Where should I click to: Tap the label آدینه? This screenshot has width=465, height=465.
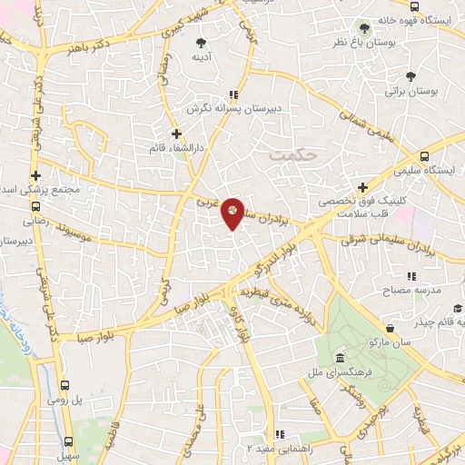(x=202, y=56)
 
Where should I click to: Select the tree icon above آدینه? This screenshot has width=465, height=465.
(x=202, y=41)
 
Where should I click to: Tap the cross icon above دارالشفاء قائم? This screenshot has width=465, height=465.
(x=176, y=134)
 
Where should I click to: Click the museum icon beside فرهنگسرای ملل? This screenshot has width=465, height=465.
(x=339, y=357)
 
